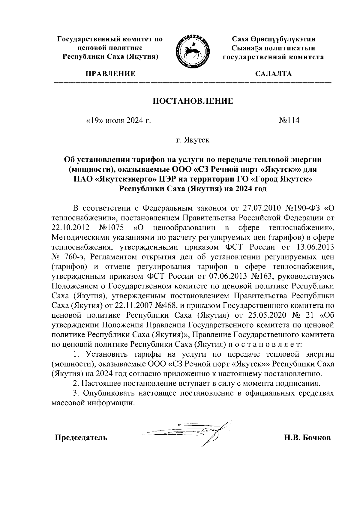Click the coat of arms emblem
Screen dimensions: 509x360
(x=192, y=50)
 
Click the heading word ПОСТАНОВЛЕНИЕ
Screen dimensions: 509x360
(x=193, y=101)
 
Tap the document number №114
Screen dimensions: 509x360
(x=289, y=121)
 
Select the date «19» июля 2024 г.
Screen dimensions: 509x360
(x=118, y=121)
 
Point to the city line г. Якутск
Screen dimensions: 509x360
(x=193, y=140)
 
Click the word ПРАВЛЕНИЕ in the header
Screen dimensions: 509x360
(x=110, y=74)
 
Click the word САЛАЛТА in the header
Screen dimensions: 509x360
(x=273, y=74)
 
